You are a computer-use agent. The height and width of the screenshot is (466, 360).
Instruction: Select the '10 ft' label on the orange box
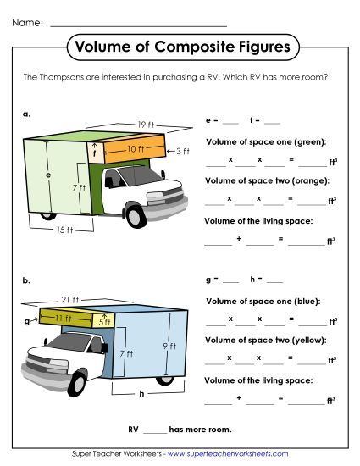[x=136, y=149]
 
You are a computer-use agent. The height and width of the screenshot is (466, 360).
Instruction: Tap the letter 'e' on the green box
[x=48, y=175]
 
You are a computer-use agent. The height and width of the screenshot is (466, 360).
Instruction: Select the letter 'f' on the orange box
[x=95, y=153]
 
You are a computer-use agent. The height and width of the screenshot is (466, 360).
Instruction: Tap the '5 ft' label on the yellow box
[x=103, y=321]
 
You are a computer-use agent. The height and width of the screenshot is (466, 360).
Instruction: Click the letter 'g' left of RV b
[x=27, y=321]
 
